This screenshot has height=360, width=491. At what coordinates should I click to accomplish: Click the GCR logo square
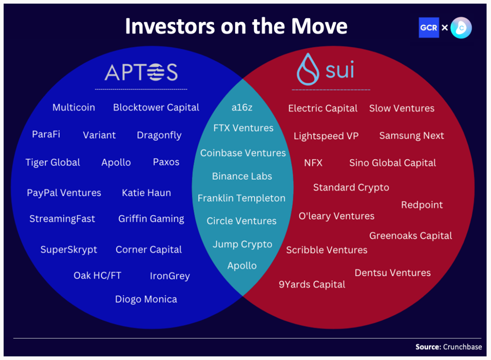point(429,28)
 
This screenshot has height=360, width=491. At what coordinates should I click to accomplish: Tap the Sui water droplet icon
point(308,69)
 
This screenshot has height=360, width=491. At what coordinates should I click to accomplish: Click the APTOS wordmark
point(141,72)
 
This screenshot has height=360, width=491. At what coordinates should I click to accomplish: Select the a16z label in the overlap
point(242,108)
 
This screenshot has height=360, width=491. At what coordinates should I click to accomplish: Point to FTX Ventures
point(243,128)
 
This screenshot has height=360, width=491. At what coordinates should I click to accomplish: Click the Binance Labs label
point(242,176)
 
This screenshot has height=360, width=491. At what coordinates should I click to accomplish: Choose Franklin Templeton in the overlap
point(242,198)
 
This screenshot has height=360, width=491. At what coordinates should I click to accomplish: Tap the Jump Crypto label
point(242,244)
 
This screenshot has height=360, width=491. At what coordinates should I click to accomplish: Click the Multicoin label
point(74,108)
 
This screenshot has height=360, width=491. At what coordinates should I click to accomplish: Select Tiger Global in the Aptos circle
point(53,162)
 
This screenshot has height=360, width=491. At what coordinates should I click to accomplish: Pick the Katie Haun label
point(147,193)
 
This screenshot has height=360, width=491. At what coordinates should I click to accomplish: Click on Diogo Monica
point(146,299)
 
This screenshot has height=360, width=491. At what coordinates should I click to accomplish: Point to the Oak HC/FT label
point(97,275)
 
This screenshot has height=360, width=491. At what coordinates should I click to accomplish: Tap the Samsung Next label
point(412,135)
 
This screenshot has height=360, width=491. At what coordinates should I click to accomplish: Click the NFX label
point(313,163)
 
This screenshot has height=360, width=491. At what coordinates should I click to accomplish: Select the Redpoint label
point(422,205)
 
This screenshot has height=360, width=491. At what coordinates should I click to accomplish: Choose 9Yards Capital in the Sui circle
point(312,284)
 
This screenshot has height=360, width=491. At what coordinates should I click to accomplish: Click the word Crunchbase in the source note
point(462,347)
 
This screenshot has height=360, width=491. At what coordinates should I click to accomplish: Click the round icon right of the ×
point(461,28)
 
